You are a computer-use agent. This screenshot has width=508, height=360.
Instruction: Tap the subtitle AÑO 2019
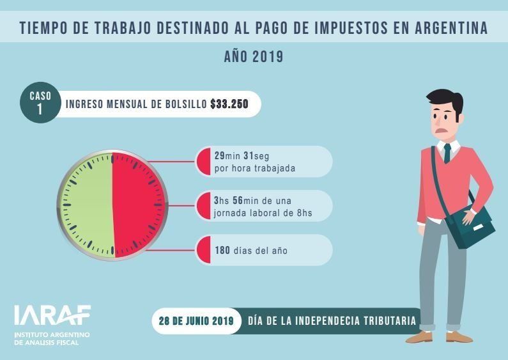254,56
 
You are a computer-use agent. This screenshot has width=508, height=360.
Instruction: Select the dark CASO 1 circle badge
40,102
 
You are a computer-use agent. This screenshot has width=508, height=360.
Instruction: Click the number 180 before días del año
222,250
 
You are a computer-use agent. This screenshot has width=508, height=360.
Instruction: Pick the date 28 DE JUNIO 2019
197,320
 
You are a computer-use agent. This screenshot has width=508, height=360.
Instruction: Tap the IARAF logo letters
52,315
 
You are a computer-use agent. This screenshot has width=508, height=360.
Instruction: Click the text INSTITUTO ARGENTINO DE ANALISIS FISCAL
52,338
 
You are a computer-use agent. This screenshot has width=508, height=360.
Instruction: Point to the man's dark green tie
447,153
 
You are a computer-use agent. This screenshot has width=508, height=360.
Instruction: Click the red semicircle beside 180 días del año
204,250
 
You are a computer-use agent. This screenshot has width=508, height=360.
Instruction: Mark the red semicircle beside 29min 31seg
204,162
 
